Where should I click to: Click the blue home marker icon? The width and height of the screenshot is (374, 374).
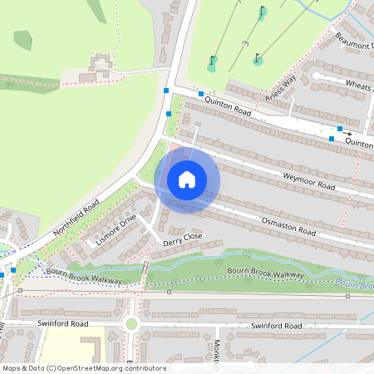(x=187, y=179)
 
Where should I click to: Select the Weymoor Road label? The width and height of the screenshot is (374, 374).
(x=308, y=182)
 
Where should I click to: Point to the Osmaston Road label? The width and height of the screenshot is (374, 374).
(x=289, y=227)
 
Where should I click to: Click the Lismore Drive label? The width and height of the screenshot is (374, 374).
(x=116, y=230)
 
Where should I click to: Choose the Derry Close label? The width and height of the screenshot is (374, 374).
(x=182, y=239)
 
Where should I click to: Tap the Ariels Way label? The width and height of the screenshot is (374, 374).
(x=281, y=90)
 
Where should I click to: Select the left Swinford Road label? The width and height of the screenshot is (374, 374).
(x=62, y=323)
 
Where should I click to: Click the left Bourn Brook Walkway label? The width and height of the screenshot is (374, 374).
(x=85, y=274)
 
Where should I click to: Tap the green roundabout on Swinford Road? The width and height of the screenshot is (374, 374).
(x=130, y=324)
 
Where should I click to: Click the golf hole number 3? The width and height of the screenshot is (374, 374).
(x=244, y=43)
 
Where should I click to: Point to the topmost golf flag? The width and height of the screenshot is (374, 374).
(x=263, y=12)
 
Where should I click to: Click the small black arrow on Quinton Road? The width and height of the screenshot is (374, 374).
(x=348, y=133)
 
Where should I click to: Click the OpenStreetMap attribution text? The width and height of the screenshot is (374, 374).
(x=83, y=368)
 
